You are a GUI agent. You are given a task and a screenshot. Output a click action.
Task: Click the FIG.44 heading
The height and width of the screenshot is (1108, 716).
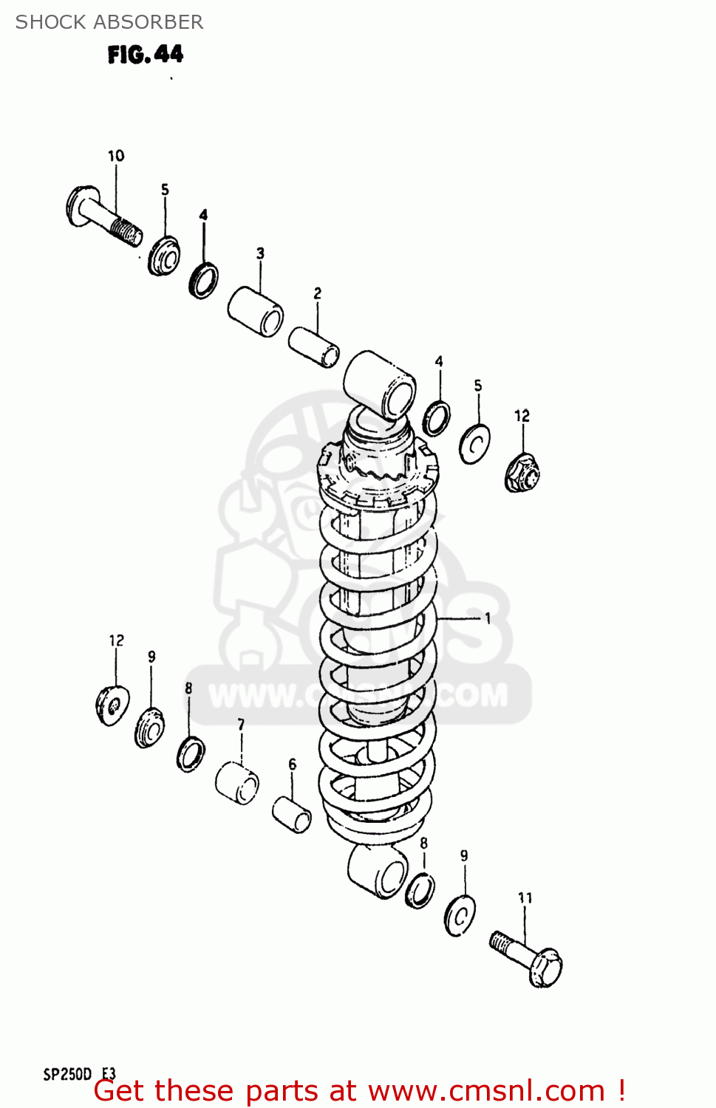[145, 54]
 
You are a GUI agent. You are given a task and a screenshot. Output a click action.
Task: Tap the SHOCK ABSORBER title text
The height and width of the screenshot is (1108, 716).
[109, 22]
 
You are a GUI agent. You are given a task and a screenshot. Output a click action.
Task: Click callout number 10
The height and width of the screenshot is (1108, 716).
[116, 156]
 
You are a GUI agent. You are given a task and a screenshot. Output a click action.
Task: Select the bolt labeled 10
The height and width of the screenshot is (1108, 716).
[103, 216]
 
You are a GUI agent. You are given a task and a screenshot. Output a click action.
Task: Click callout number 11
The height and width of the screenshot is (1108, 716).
[525, 897]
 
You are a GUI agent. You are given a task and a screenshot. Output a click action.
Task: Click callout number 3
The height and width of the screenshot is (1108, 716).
[260, 253]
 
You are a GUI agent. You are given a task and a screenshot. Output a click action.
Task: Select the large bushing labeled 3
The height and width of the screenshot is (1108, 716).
[255, 311]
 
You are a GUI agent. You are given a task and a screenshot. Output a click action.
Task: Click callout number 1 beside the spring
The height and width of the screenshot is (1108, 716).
[488, 618]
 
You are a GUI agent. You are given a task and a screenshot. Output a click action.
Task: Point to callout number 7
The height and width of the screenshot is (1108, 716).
[241, 725]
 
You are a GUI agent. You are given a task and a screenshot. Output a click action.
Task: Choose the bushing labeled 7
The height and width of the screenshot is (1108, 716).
[237, 784]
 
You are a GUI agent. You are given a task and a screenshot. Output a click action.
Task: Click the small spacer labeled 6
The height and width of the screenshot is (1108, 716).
[292, 814]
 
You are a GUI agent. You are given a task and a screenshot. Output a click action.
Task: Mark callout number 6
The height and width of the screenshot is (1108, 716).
[292, 765]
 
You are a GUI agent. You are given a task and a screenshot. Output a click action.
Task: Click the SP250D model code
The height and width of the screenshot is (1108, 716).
[67, 1074]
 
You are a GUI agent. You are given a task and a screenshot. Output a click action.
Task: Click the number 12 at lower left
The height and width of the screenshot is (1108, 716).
[116, 640]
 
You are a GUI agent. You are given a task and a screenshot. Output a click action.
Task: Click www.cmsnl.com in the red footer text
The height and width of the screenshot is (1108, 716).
[486, 1091]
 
